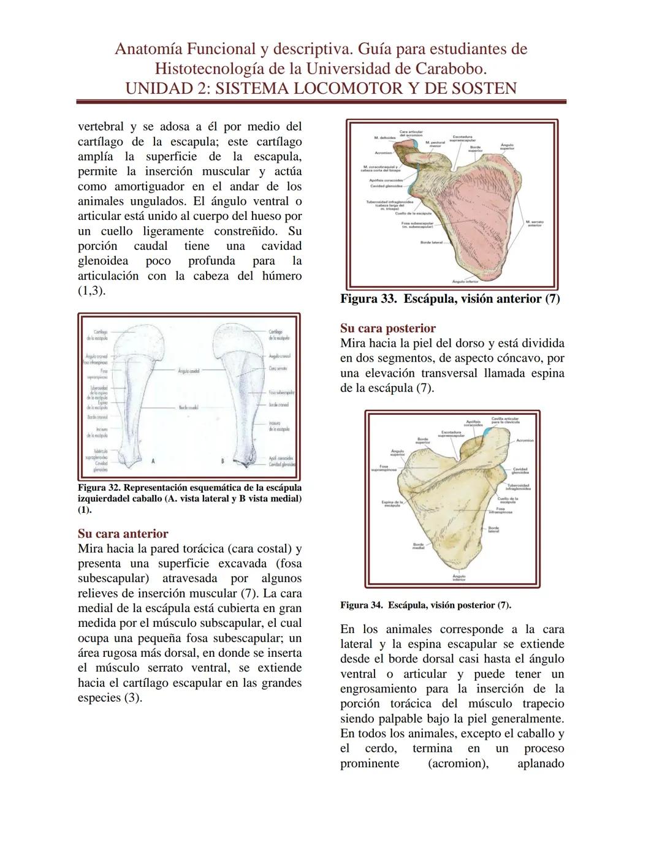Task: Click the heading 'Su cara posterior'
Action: [388, 328]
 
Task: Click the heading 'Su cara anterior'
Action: [123, 534]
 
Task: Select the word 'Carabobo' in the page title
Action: [448, 68]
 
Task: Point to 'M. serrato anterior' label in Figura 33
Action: [535, 224]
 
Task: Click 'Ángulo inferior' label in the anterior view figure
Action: [465, 281]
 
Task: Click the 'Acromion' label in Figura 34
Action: [525, 440]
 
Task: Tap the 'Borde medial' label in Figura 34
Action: [419, 545]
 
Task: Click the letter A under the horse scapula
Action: [153, 460]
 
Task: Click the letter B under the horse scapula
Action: [224, 460]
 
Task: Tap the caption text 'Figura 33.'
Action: [368, 300]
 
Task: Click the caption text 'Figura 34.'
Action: [362, 605]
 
